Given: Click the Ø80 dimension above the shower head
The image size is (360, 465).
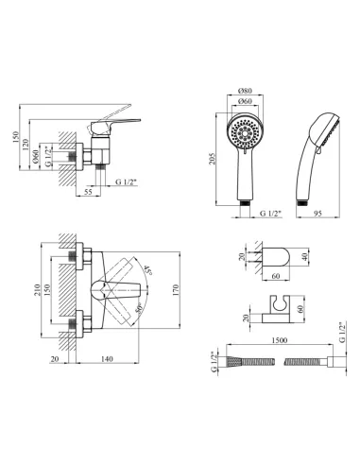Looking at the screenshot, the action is (x=245, y=91).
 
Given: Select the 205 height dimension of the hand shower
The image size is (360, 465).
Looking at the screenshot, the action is (x=212, y=159).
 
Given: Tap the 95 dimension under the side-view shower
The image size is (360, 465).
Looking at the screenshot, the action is (x=317, y=214).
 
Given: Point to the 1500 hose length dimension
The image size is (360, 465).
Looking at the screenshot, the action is (x=280, y=340).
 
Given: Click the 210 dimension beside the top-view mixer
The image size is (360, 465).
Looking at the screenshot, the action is (x=37, y=290).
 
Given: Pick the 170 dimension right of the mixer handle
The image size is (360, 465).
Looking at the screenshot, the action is (x=176, y=290).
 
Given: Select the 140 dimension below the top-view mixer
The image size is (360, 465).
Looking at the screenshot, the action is (x=107, y=359).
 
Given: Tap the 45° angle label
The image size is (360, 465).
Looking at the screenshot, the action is (x=148, y=270).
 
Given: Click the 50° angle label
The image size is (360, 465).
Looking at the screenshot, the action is (x=139, y=307).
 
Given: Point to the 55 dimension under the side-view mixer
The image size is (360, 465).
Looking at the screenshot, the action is (x=89, y=192).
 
